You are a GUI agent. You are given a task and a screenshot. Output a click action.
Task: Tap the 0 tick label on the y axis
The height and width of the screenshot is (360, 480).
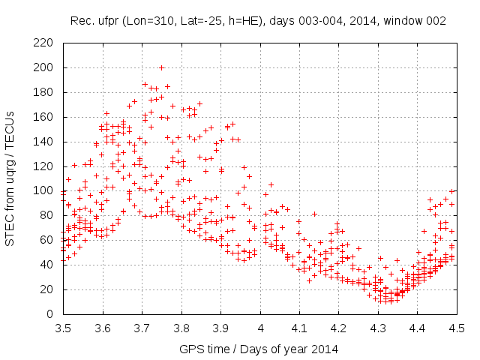(55, 314)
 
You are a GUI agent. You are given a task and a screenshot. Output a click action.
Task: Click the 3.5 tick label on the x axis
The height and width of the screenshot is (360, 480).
(63, 328)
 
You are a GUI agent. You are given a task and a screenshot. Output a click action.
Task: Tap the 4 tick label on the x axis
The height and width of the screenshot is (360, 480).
(261, 328)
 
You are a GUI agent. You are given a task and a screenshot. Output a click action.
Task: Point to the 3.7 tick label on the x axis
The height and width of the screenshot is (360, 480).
(142, 328)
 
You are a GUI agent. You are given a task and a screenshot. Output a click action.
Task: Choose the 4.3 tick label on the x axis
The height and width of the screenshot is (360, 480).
(379, 328)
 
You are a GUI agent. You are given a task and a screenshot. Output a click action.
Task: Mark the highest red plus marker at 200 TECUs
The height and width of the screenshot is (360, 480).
(161, 67)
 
